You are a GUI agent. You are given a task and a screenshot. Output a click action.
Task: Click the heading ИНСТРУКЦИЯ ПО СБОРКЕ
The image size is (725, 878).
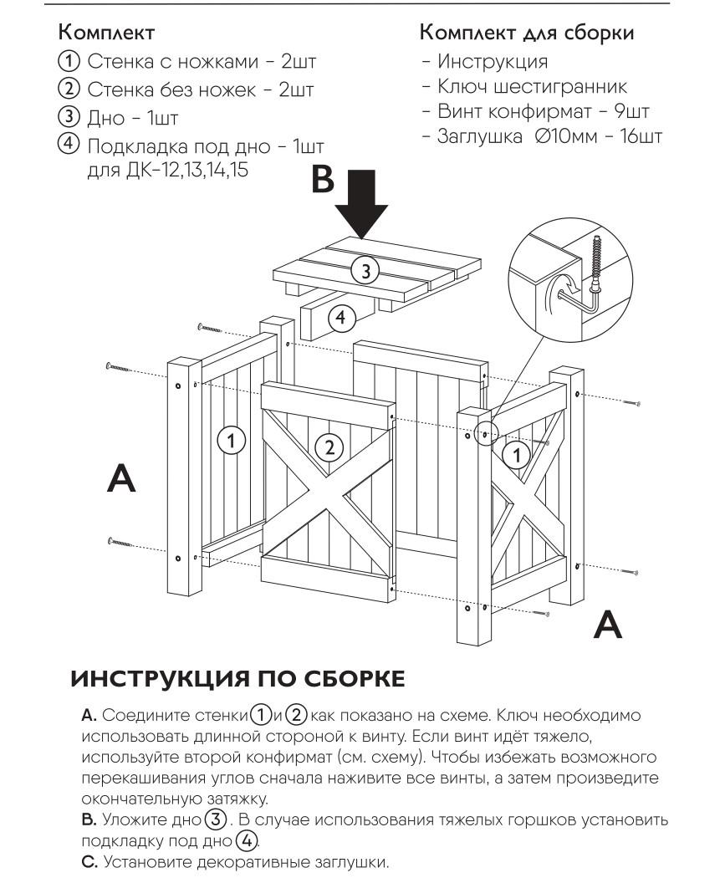pyautogui.click(x=237, y=678)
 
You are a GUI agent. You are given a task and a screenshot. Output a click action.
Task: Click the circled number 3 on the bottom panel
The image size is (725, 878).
pyautogui.click(x=365, y=269)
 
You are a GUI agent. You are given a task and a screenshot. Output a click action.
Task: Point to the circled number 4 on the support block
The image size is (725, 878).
pyautogui.click(x=340, y=317)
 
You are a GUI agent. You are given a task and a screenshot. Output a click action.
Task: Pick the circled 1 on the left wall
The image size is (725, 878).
pyautogui.click(x=232, y=437)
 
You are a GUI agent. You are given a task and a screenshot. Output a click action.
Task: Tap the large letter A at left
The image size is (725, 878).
pyautogui.click(x=122, y=478)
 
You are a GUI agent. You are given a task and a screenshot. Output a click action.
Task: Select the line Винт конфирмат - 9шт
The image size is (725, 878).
pyautogui.click(x=536, y=110)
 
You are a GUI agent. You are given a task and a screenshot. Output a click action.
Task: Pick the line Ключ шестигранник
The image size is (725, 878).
pyautogui.click(x=532, y=86)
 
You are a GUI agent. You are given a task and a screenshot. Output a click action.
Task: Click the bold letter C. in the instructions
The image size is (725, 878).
pyautogui.click(x=90, y=860)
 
